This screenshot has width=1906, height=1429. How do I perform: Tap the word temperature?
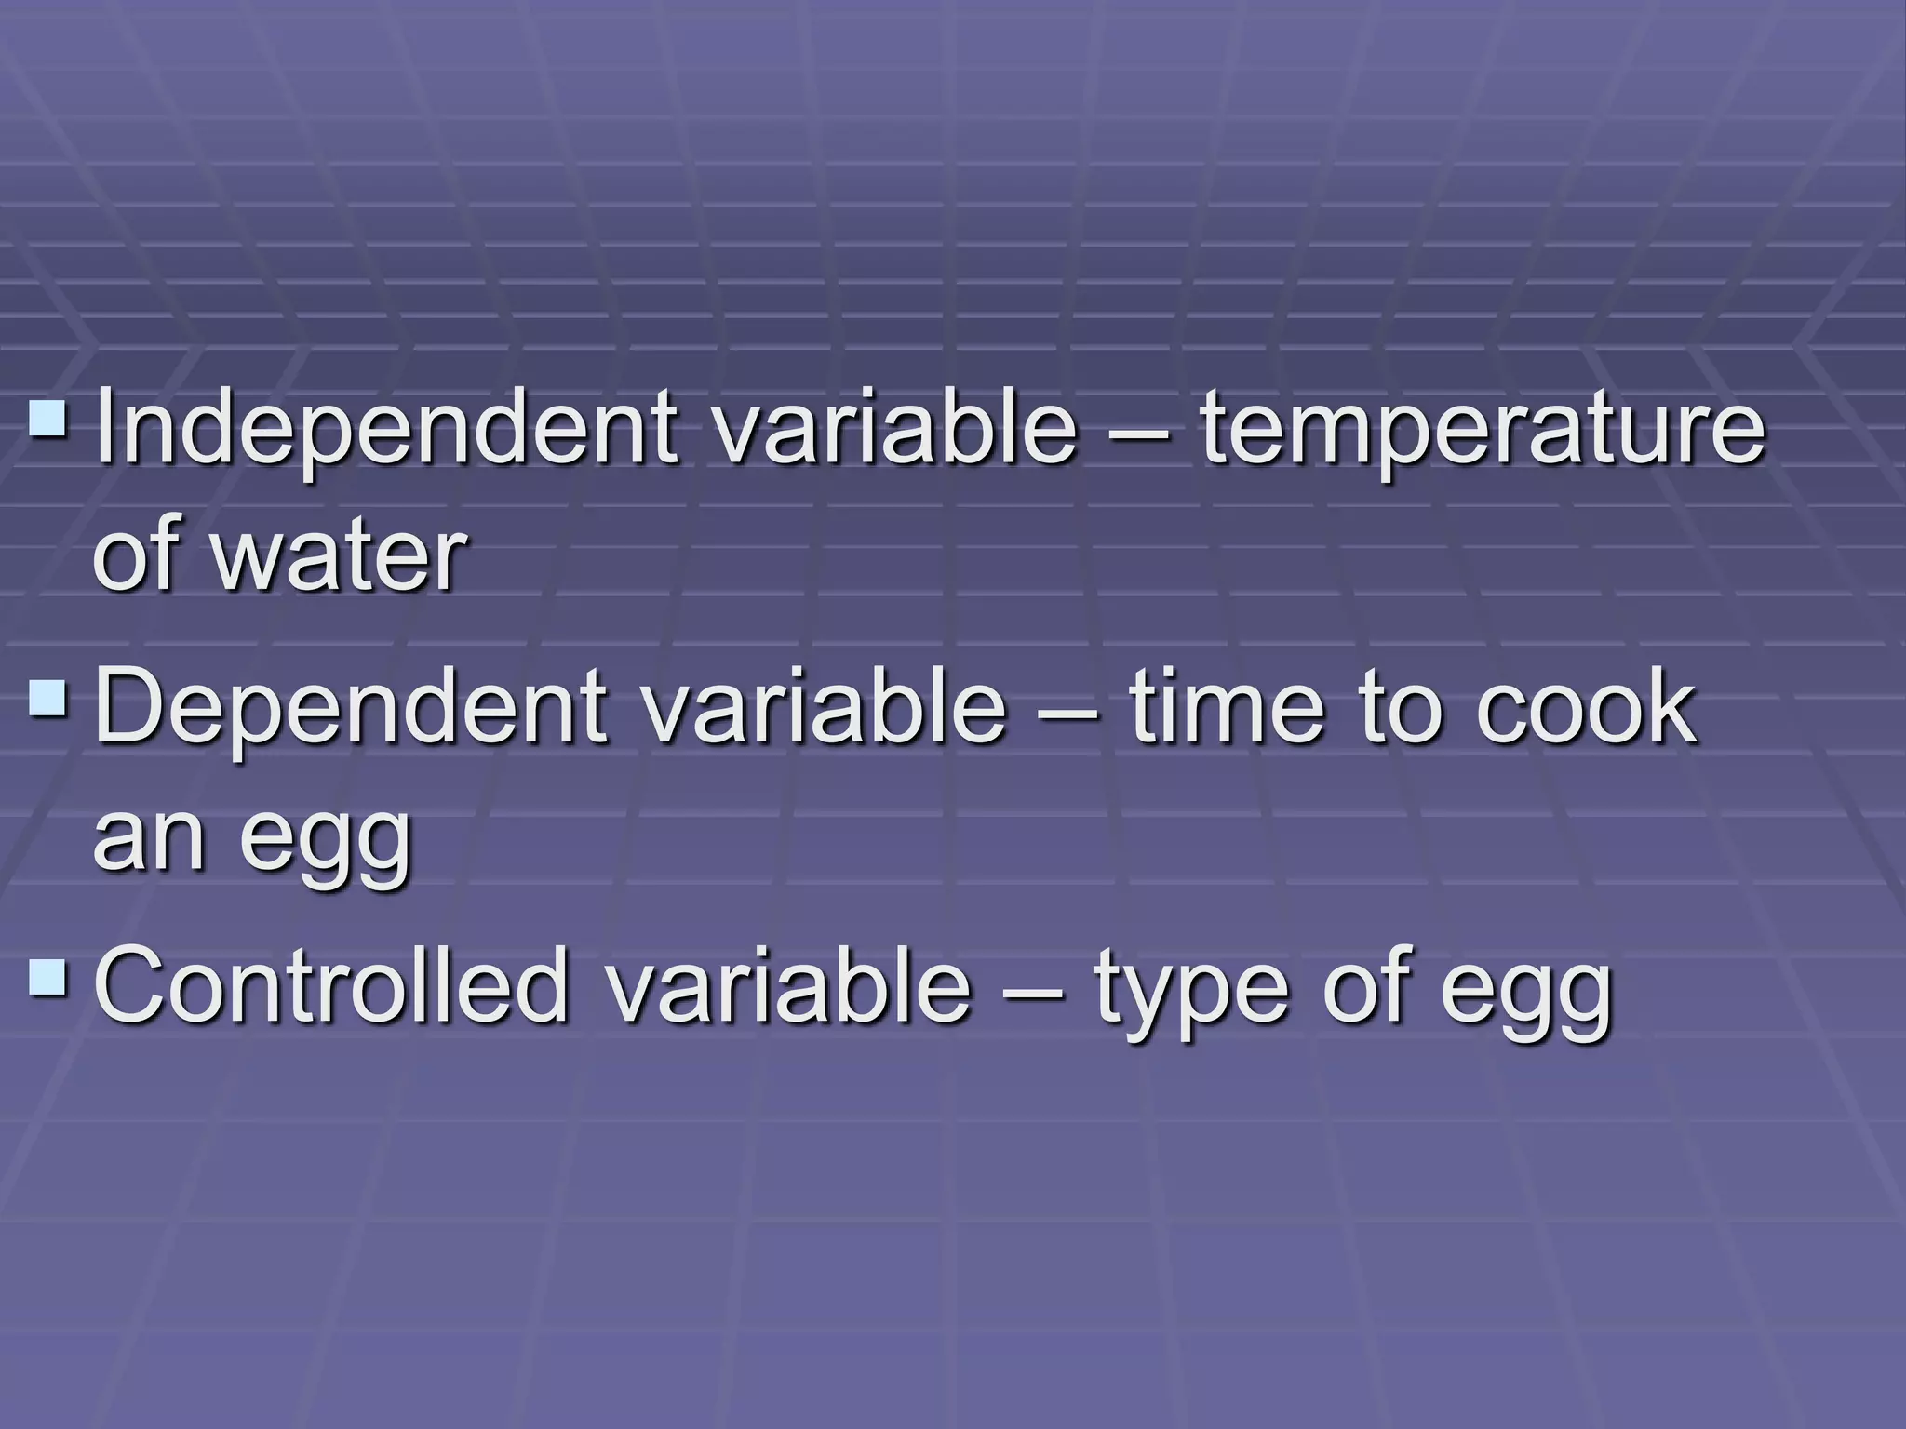pos(1482,431)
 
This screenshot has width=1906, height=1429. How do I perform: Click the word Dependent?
pos(351,709)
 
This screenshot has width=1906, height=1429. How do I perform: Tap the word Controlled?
pos(331,985)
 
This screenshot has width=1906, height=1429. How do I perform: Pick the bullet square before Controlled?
pos(47,979)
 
